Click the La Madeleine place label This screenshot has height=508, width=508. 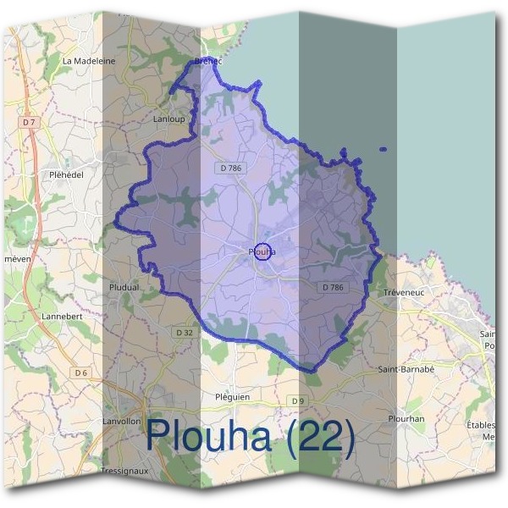(89, 61)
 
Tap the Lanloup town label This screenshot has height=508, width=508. (168, 119)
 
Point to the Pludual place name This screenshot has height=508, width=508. (124, 287)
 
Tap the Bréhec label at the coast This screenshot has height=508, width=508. (207, 61)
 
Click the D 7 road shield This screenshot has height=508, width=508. (30, 122)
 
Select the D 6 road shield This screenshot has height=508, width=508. (81, 373)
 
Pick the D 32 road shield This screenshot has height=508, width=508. (185, 333)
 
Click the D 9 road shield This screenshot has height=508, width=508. (296, 400)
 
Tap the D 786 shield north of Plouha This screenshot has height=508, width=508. (230, 168)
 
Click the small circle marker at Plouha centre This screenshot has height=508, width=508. (262, 251)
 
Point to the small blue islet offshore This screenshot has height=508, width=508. (384, 150)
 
